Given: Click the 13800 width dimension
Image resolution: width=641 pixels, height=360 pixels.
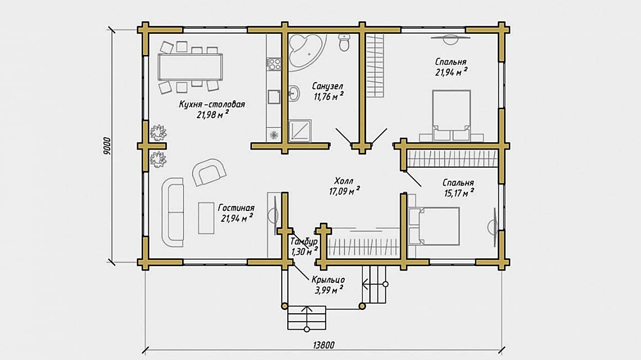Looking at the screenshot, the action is pos(324,345).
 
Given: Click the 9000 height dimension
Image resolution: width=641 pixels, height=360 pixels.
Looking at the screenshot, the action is pos(107,146).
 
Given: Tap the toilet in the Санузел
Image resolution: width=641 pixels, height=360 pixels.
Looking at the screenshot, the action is pos(344,43).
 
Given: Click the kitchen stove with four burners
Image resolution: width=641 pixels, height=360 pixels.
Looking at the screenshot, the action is pos(274,64).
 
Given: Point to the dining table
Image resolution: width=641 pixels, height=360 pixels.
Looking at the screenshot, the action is pos(191,67).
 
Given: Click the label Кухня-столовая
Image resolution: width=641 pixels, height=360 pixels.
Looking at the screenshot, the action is pos(212,104).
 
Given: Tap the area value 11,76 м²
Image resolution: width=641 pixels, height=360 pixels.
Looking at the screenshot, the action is pos(329,97).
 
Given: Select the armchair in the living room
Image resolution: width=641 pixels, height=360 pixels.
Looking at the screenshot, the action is pos(209,172).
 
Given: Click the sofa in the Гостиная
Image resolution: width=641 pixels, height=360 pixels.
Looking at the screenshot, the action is pos(173,212).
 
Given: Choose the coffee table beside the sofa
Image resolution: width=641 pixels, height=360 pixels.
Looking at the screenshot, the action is pos(206,218).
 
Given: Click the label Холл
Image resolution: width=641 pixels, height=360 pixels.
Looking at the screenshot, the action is pos(344,181).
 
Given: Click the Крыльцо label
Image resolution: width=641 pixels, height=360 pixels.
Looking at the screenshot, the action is pos(328,280).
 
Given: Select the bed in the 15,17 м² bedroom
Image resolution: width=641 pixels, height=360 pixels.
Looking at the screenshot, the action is pos(434,226).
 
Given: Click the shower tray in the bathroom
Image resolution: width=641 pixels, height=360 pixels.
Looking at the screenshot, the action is pos(300,130).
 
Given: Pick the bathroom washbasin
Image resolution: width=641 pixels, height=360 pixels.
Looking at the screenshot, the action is pos(293,93).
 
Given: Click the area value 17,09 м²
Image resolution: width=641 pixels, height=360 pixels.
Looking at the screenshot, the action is pos(345,191).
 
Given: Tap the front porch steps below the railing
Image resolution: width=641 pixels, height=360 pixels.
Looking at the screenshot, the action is pos(306,318).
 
